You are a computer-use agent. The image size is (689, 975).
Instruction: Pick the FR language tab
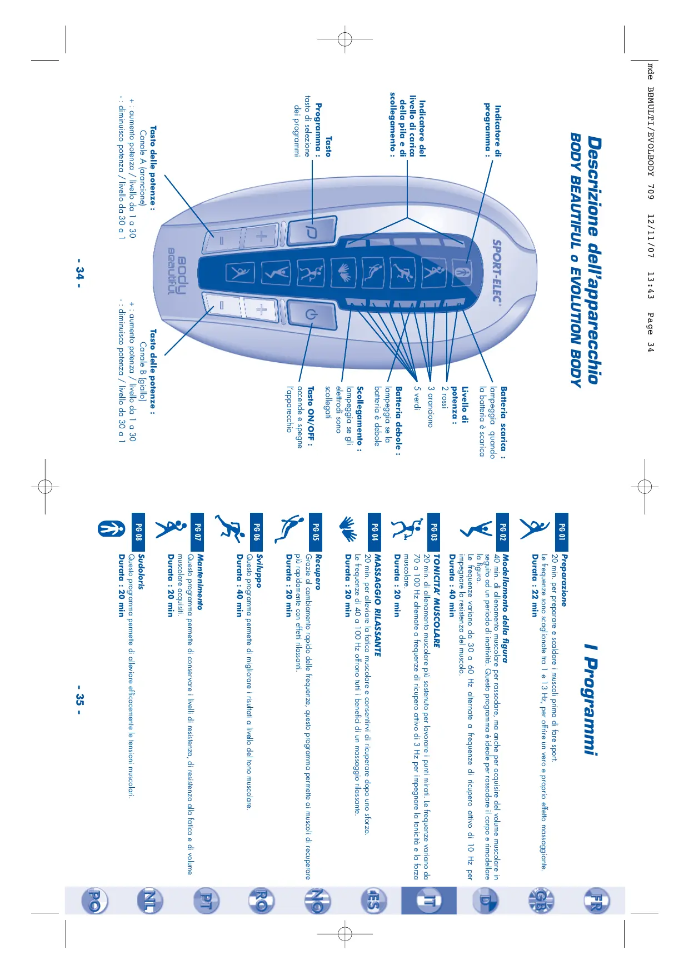point(596,900)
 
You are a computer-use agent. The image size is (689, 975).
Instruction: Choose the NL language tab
point(150,900)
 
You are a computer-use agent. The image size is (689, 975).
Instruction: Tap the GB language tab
point(540,900)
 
